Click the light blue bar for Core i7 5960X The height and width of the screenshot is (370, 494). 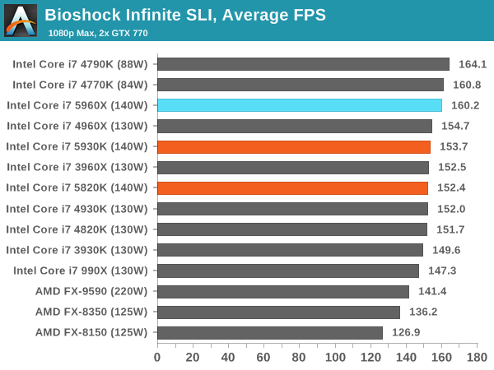(x=300, y=105)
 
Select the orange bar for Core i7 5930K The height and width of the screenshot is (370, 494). (x=294, y=146)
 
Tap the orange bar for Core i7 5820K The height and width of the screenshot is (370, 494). (x=292, y=187)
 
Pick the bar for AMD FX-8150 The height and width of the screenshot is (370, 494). (x=270, y=332)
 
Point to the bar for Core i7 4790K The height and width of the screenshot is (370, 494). (x=303, y=64)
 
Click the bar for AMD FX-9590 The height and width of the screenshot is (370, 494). (x=283, y=291)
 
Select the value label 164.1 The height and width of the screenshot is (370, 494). (x=473, y=64)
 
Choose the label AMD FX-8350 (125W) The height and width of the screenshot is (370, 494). (x=91, y=312)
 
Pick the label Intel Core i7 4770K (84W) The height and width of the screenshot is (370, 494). (x=80, y=85)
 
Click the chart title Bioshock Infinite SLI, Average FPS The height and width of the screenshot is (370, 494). (x=185, y=14)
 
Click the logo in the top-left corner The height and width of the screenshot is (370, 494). (x=21, y=21)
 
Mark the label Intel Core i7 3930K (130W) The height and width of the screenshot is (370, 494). (x=77, y=250)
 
